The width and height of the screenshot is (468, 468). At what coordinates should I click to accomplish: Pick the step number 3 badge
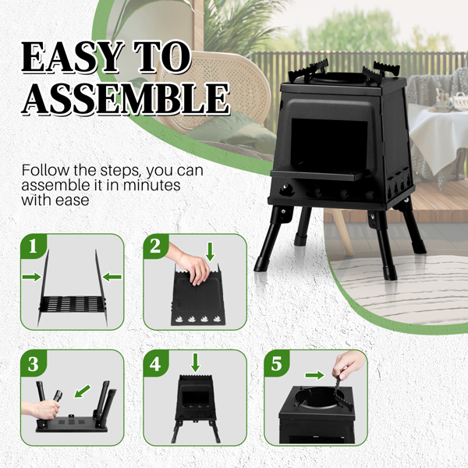32,364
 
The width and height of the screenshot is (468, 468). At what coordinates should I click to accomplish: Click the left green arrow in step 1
32,276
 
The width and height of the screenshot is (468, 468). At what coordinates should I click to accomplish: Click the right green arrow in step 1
112,275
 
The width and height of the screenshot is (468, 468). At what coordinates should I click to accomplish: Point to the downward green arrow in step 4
195,362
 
